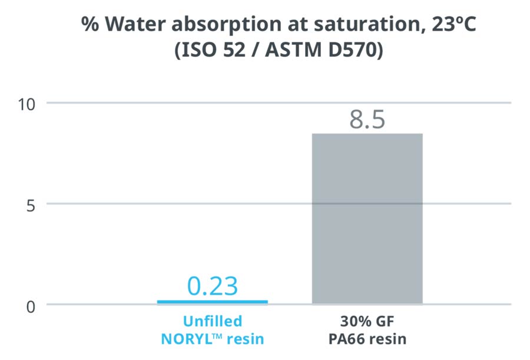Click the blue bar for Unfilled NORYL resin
[x=212, y=302]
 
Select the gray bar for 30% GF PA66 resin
[x=367, y=219]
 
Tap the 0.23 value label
[x=212, y=286]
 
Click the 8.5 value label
[x=367, y=120]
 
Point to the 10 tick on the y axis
[x=26, y=104]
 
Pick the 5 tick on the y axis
[x=31, y=206]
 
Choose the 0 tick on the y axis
[x=31, y=307]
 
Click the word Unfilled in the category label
[x=213, y=321]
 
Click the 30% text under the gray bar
[x=353, y=321]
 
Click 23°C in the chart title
[x=453, y=24]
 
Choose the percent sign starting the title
[x=90, y=24]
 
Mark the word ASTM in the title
[x=293, y=49]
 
